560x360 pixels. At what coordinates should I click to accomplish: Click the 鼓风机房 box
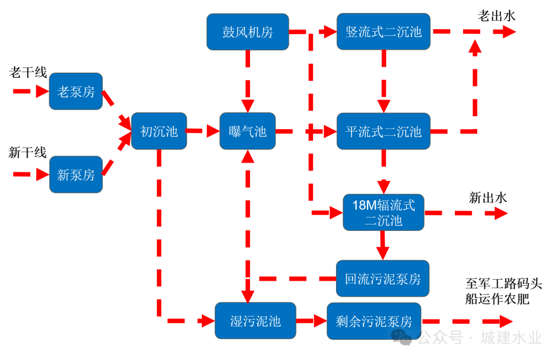247,32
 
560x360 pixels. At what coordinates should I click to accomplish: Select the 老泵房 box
76,91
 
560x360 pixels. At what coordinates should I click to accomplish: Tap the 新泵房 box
76,174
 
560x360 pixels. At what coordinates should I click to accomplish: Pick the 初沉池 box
159,131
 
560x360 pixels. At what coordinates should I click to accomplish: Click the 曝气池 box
247,131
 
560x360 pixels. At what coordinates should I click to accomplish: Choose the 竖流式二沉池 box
383,32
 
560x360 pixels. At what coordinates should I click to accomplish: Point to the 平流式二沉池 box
383,131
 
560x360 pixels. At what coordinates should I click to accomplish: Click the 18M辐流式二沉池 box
383,212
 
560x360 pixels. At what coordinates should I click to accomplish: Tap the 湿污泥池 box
255,321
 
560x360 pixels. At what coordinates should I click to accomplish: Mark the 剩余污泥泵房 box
374,321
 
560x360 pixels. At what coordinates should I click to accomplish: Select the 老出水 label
496,16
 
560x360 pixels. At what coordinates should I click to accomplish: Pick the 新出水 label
488,198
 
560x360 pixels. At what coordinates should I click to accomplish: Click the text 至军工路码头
503,284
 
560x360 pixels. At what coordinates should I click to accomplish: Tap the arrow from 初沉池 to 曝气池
203,131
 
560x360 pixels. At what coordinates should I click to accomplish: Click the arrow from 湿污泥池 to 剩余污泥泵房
312,321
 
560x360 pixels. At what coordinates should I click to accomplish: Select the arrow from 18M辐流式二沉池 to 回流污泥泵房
383,245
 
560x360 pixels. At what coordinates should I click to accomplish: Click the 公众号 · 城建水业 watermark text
480,338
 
